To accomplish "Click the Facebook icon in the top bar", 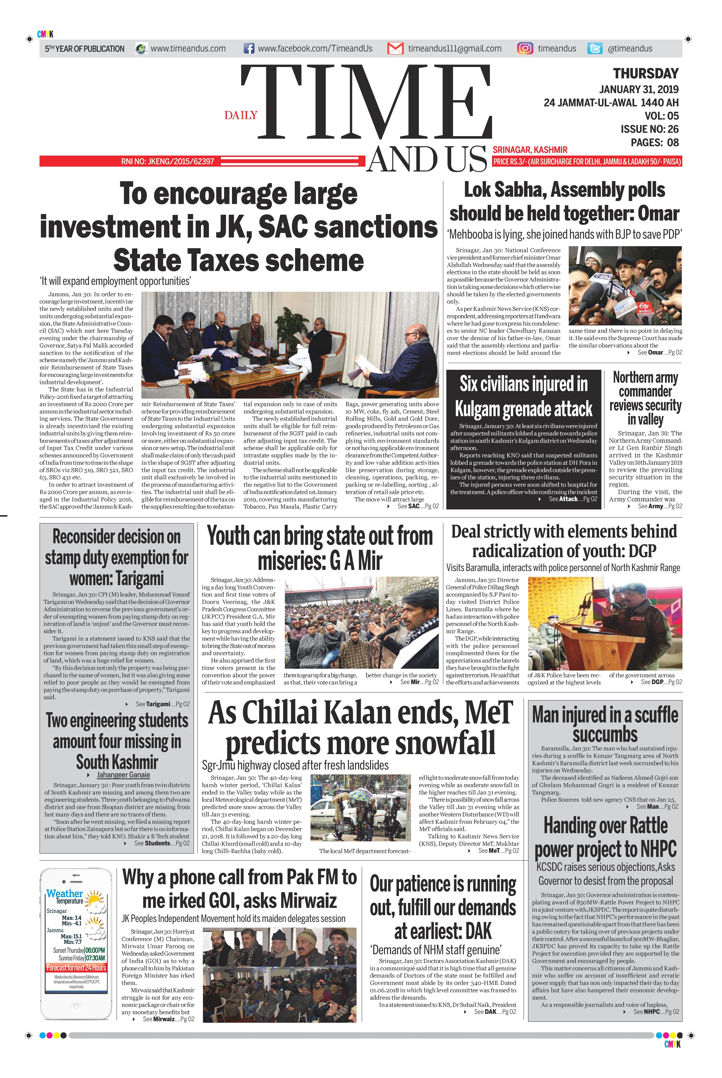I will [249, 48].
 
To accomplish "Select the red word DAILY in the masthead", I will [241, 115].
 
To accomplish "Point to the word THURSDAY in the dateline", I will [646, 74].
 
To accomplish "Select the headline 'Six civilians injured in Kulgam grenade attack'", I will [524, 396].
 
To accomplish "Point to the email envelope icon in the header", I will [395, 48].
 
